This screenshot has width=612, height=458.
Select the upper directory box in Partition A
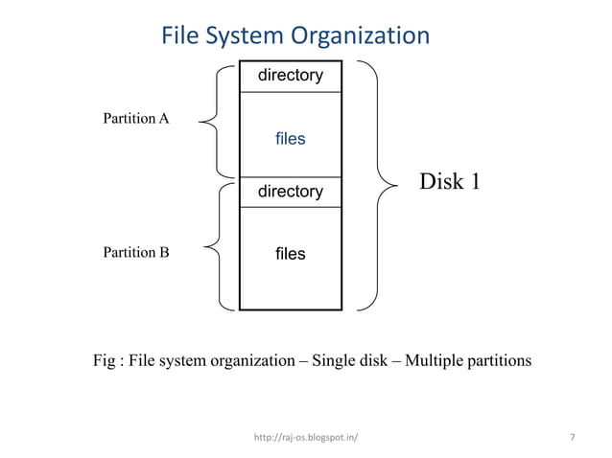290,75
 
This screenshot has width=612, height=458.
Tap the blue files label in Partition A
290,139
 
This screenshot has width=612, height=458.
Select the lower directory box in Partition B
290,192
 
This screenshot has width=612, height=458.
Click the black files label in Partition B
290,254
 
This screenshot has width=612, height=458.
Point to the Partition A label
135,119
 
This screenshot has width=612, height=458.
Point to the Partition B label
135,253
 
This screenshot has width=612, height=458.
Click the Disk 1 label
449,181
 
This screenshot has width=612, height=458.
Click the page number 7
573,438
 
